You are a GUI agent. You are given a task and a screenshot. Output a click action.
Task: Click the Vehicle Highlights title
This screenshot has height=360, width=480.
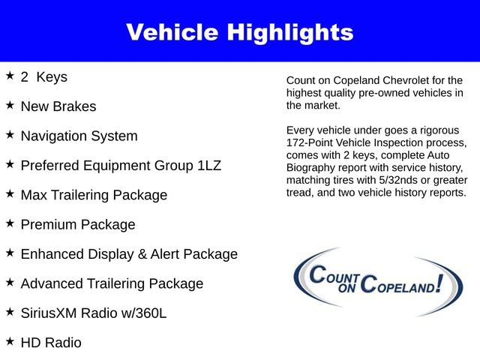239,31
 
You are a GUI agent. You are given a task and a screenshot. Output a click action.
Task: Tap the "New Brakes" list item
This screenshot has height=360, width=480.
58,106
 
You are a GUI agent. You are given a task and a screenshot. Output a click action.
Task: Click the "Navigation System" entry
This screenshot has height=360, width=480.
79,136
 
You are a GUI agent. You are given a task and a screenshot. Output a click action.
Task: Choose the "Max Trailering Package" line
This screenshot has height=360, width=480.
94,195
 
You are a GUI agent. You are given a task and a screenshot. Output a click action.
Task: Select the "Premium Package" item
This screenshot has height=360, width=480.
78,224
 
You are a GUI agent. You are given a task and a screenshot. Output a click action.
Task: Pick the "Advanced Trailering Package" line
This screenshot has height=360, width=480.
112,283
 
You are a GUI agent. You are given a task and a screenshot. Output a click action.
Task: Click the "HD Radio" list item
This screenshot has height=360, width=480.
51,343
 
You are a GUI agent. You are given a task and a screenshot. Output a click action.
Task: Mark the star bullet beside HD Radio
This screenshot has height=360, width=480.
10,341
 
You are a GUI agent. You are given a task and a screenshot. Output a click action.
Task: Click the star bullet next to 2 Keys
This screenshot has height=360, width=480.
10,76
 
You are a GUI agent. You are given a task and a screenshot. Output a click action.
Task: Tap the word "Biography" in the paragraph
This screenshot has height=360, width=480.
312,168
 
